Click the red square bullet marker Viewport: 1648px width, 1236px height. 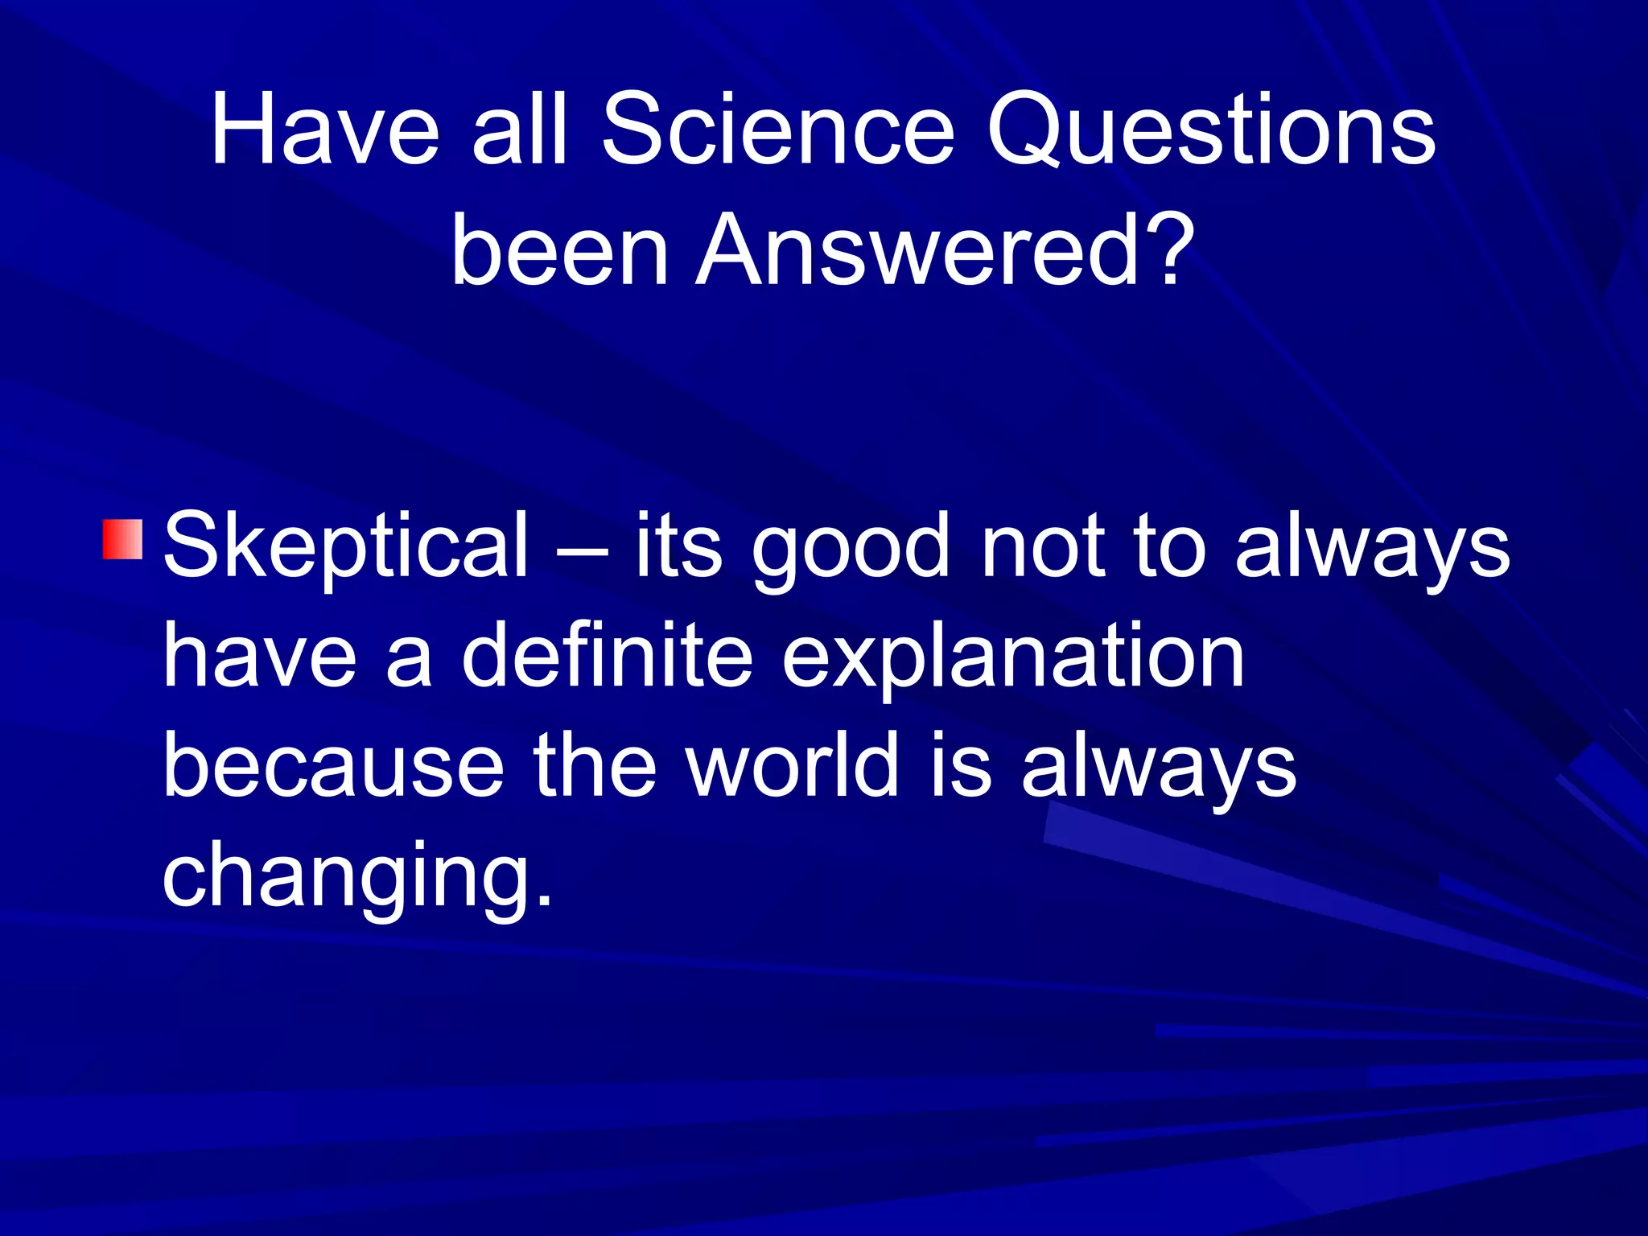click(x=122, y=539)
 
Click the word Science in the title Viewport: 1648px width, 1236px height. click(x=778, y=130)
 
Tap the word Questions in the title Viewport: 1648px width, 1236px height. click(x=1211, y=130)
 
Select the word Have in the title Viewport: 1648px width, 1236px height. click(x=325, y=130)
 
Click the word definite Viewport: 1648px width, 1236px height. click(x=608, y=656)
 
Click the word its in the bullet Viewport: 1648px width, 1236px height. click(x=678, y=547)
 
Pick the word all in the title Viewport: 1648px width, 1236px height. click(x=521, y=130)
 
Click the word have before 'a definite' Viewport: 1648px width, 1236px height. click(x=259, y=656)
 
